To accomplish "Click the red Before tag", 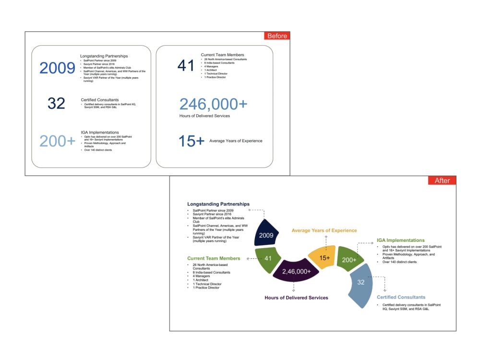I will [x=277, y=36].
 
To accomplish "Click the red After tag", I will [x=442, y=180].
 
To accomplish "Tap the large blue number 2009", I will [x=57, y=68].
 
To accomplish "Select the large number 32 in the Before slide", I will [x=56, y=103].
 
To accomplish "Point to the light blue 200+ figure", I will [x=57, y=141].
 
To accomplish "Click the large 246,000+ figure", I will [x=214, y=104].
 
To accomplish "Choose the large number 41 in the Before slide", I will [x=186, y=65].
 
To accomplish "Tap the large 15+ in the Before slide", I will [x=191, y=141].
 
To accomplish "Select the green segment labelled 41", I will [x=268, y=258].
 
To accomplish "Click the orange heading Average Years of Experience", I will [x=324, y=231].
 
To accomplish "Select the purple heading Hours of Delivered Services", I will [x=296, y=298].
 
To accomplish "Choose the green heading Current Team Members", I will [x=214, y=258].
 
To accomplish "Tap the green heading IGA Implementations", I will [x=400, y=240].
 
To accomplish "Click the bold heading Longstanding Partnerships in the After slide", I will [x=218, y=204].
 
